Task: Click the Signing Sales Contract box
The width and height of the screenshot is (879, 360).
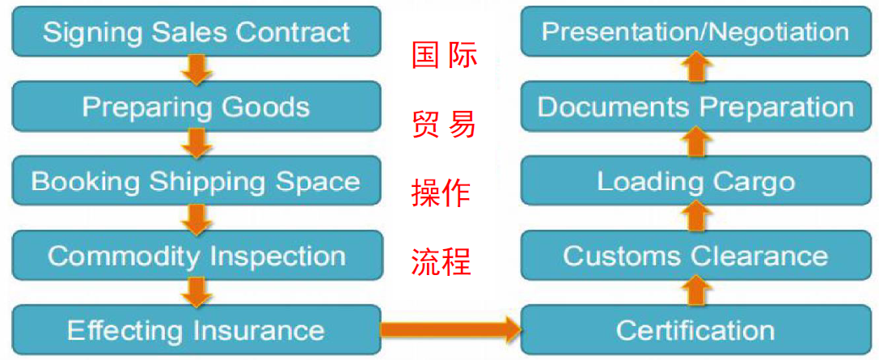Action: click(197, 32)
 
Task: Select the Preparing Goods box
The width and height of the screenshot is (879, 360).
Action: click(197, 107)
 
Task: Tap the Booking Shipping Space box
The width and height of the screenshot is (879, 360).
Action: click(197, 181)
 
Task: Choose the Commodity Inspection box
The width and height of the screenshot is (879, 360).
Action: click(197, 256)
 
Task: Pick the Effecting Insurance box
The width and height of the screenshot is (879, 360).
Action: click(197, 330)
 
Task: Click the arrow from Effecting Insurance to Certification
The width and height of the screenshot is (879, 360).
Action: click(450, 329)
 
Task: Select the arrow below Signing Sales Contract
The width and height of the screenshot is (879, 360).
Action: click(197, 70)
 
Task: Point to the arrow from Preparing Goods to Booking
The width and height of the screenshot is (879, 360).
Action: click(197, 144)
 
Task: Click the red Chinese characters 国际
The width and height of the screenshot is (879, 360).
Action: click(444, 57)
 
